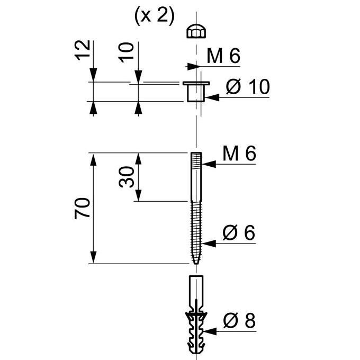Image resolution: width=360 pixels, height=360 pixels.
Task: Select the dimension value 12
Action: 83,50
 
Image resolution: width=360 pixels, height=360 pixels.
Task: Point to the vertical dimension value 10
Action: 126,52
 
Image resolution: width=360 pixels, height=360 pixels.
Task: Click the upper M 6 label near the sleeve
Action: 223,56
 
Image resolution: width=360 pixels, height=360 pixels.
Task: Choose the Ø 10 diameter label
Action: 248,86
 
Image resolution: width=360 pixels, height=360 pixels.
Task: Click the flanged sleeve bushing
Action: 196,92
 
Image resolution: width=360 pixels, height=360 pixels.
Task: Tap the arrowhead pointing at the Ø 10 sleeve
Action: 212,97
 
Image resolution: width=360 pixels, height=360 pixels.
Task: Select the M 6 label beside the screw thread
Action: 239,154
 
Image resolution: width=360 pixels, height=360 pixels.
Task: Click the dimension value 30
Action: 127,177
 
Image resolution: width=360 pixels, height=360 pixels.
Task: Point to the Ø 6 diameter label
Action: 239,232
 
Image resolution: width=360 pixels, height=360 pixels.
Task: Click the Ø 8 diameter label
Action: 239,320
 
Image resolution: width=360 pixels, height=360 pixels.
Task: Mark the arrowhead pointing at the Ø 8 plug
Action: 210,331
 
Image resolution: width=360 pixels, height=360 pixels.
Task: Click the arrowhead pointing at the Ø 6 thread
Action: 209,244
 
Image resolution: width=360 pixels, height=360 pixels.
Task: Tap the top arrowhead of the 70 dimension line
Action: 93,159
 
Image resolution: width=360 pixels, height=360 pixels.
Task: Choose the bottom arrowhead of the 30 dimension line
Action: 138,195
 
